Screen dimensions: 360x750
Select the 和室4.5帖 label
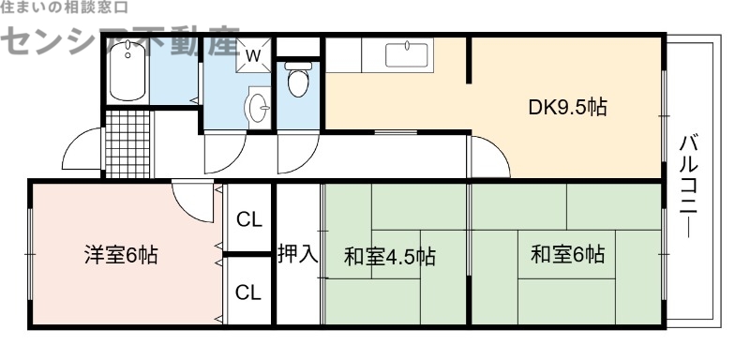click(x=389, y=255)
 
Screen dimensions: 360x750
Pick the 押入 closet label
click(x=297, y=253)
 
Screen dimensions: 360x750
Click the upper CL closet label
click(x=248, y=220)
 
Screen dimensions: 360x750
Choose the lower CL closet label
click(x=248, y=292)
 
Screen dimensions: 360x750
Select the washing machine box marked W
click(x=252, y=54)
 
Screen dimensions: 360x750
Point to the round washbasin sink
click(x=257, y=109)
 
